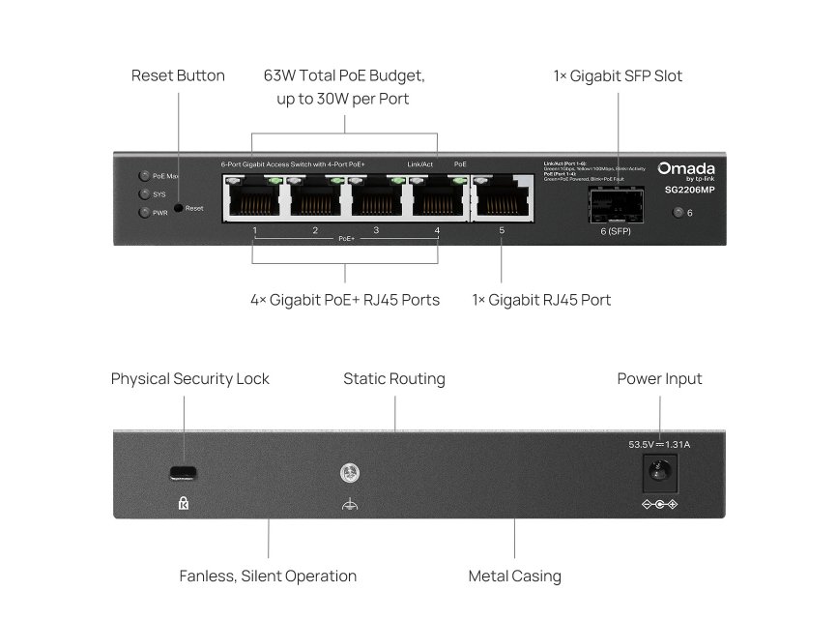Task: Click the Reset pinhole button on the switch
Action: pyautogui.click(x=179, y=208)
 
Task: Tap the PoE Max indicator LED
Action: pyautogui.click(x=144, y=176)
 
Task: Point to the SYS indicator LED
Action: pyautogui.click(x=144, y=193)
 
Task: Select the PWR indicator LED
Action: pyautogui.click(x=144, y=212)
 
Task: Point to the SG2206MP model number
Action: pyautogui.click(x=689, y=190)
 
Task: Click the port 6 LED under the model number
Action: pyautogui.click(x=678, y=213)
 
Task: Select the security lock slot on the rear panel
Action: pyautogui.click(x=183, y=473)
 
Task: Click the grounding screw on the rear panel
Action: pyautogui.click(x=349, y=473)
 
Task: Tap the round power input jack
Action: pyautogui.click(x=660, y=472)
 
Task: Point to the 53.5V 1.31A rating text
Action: pyautogui.click(x=659, y=445)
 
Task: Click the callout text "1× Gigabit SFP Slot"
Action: pyautogui.click(x=618, y=75)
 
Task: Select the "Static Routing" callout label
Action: pyautogui.click(x=394, y=379)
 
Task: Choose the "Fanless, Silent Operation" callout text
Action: pyautogui.click(x=268, y=577)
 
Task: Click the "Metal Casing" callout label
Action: pyautogui.click(x=514, y=577)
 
